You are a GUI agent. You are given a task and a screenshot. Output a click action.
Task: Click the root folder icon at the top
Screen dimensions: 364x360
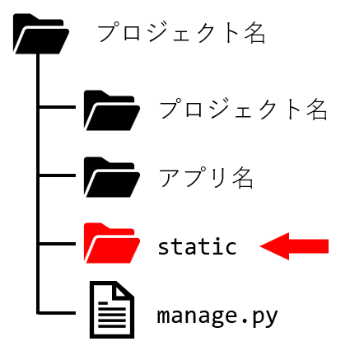point(41,34)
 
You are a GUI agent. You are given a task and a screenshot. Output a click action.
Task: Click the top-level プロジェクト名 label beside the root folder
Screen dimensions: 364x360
point(181,33)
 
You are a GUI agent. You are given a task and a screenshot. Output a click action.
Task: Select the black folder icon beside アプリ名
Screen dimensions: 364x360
point(112,177)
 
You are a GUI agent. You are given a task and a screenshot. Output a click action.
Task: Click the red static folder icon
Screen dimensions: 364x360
point(112,243)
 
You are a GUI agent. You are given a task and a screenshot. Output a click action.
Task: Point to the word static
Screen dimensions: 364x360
point(197,246)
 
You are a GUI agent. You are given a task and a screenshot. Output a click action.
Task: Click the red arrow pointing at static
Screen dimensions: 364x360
point(294,246)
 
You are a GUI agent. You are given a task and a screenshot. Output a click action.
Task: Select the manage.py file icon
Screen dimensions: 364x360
point(112,310)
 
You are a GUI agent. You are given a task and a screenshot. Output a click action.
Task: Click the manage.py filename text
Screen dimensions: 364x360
point(217,316)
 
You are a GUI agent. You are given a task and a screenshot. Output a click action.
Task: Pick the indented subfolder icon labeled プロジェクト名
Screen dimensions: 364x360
point(112,110)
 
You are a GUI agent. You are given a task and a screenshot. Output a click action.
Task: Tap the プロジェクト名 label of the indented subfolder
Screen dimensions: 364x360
point(243,109)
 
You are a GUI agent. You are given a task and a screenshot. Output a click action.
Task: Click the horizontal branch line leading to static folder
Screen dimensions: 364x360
point(57,244)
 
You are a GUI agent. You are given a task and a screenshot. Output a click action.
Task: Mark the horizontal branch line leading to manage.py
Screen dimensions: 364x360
point(57,312)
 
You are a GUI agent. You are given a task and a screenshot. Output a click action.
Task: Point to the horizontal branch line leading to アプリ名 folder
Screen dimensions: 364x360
point(57,175)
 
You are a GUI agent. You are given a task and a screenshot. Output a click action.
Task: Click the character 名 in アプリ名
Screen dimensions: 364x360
point(242,178)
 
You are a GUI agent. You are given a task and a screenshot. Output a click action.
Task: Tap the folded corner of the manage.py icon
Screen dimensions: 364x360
point(123,291)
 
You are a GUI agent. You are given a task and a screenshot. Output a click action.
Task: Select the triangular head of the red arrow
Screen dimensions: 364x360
point(274,246)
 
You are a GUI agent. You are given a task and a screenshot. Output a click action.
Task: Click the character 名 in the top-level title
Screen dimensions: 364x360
point(255,33)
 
